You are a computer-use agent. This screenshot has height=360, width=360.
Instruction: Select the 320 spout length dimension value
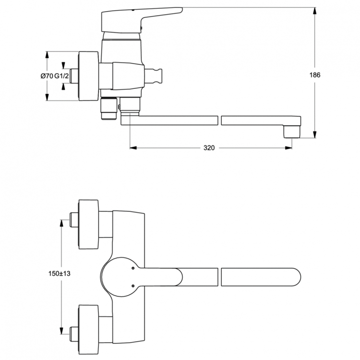[208, 148]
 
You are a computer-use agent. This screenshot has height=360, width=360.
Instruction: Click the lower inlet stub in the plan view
[73, 332]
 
